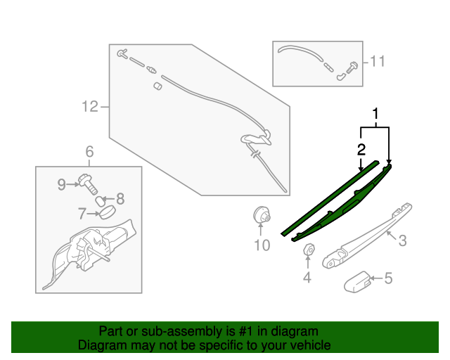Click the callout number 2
pos(361,149)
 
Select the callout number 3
pos(402,241)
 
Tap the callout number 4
pos(307,277)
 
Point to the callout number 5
pos(387,278)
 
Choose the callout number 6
pos(89,151)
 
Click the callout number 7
pos(82,212)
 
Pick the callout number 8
pos(120,198)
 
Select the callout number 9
pos(62,184)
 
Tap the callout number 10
pos(262,245)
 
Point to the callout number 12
pos(89,107)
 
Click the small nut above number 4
pos(307,250)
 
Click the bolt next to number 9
pos(88,183)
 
